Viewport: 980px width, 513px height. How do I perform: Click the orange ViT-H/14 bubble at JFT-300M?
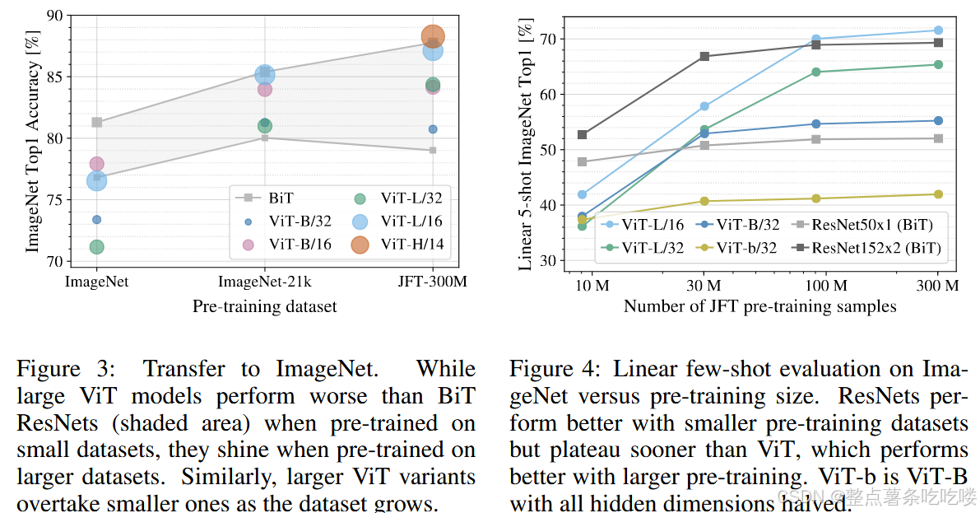pyautogui.click(x=433, y=36)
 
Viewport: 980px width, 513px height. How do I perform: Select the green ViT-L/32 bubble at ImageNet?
pyautogui.click(x=96, y=247)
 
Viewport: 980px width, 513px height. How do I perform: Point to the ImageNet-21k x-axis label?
pyautogui.click(x=265, y=282)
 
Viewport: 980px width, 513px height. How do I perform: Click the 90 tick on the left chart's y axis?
pyautogui.click(x=53, y=16)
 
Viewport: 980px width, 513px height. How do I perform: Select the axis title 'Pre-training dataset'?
pyautogui.click(x=264, y=306)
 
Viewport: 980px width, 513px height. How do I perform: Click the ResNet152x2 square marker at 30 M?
pyautogui.click(x=704, y=56)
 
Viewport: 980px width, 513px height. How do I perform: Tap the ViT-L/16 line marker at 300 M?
pyautogui.click(x=938, y=30)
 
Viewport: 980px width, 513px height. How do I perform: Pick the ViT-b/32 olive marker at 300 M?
pyautogui.click(x=938, y=194)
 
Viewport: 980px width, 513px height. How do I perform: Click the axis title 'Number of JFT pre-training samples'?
pyautogui.click(x=759, y=306)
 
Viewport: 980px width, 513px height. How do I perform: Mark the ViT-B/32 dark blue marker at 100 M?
pyautogui.click(x=816, y=124)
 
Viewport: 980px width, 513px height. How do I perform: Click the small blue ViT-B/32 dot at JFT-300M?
pyautogui.click(x=433, y=129)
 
